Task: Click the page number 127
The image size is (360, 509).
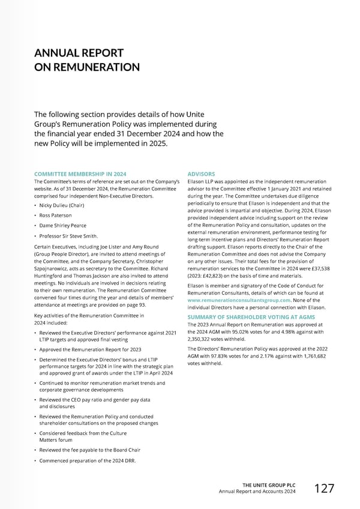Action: (324, 489)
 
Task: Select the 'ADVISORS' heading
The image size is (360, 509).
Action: (201, 174)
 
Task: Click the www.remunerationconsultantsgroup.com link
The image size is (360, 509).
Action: (239, 300)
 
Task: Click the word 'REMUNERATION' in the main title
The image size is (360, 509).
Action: (89, 67)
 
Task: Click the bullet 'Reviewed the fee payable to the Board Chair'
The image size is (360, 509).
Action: (90, 450)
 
